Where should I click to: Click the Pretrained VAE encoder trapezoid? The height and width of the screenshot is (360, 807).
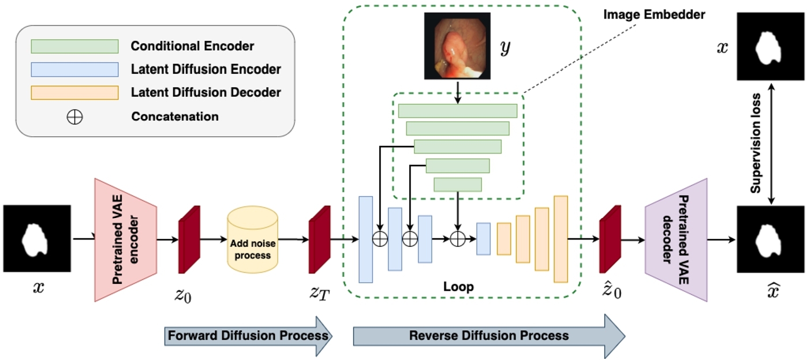click(126, 240)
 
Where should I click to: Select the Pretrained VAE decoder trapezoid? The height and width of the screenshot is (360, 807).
click(676, 239)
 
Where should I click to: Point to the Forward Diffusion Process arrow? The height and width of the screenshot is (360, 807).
click(248, 336)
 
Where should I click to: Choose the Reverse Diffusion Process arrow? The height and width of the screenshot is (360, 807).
click(488, 336)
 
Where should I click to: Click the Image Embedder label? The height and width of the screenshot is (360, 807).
click(654, 15)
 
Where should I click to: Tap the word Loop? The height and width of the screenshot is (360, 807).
click(458, 287)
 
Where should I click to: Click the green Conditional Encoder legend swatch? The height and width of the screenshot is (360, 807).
click(74, 46)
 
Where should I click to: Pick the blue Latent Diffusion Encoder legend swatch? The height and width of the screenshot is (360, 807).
click(74, 69)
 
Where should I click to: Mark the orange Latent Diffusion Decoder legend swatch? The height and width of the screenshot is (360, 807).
click(74, 92)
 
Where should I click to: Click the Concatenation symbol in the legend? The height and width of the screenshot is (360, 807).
click(75, 117)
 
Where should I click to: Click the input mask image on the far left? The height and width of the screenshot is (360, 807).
click(37, 238)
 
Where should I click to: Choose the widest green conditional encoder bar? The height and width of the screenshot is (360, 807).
click(458, 111)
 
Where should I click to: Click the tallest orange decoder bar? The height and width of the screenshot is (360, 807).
click(561, 239)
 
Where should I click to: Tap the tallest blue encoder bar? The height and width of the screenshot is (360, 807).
click(365, 239)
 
